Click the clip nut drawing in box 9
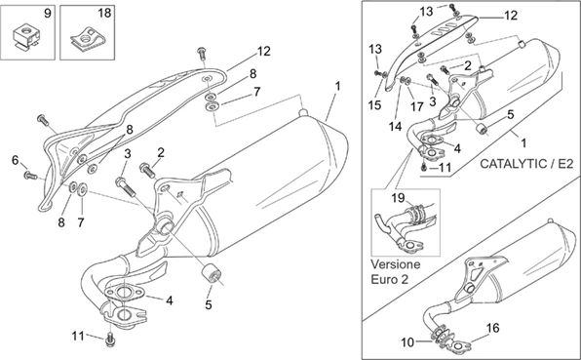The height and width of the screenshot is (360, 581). click(26, 36)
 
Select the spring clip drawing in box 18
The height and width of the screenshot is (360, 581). click(88, 39)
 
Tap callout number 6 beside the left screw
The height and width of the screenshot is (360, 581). click(16, 161)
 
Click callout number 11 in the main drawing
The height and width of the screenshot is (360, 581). click(78, 336)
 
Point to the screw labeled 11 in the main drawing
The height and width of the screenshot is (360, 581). click(110, 340)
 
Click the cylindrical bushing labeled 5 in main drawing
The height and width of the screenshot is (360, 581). click(212, 273)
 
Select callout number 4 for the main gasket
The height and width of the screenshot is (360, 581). click(170, 300)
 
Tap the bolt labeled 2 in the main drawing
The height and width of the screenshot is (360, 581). click(147, 171)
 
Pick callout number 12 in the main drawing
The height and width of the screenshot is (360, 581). click(264, 51)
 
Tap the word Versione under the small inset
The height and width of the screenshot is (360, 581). click(396, 264)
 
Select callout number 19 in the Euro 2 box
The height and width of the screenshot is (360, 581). click(399, 198)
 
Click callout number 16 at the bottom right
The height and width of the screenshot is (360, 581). click(492, 328)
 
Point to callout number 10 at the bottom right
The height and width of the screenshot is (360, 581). click(407, 342)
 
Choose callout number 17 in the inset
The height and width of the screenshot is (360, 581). click(417, 106)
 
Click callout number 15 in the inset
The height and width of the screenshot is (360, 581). click(375, 105)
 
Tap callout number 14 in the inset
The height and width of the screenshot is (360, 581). click(396, 127)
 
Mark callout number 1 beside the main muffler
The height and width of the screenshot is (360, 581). click(337, 87)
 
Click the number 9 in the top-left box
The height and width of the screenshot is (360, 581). click(48, 14)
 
